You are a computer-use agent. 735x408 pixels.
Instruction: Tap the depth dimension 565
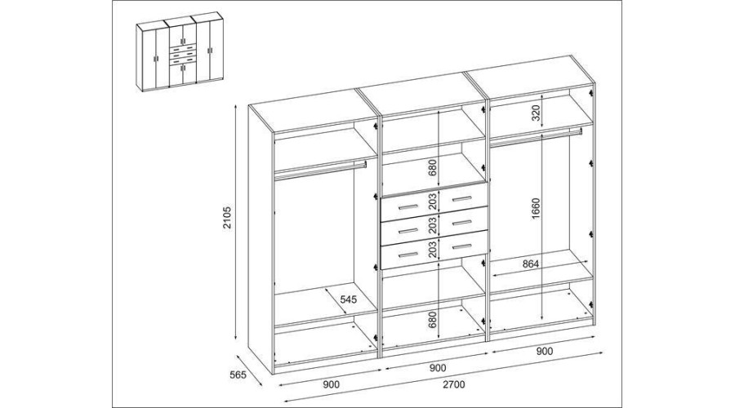(238, 375)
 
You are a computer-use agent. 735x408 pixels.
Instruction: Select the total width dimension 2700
(453, 384)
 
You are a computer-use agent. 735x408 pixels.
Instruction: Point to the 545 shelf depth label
(348, 299)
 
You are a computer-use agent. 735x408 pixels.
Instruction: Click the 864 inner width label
(531, 264)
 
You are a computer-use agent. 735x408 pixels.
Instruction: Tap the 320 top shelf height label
(536, 113)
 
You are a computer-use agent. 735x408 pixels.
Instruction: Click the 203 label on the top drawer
(432, 201)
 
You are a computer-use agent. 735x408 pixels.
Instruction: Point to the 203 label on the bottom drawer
(432, 249)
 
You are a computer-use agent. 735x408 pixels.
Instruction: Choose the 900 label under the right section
(544, 352)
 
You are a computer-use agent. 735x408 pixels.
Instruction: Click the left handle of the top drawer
(408, 207)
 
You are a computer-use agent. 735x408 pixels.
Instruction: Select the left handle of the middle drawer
(408, 230)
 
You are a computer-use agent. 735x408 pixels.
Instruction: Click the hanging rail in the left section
(320, 169)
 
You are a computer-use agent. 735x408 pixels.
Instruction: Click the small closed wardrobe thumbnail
(180, 51)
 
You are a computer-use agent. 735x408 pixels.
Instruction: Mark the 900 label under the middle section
(438, 368)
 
